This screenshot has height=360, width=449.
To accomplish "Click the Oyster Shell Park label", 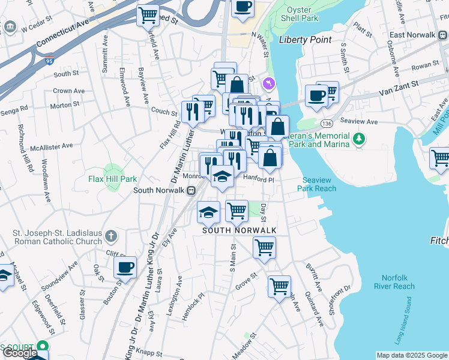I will (303, 14).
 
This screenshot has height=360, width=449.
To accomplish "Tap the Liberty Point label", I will (306, 40).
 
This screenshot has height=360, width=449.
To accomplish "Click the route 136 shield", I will (326, 123).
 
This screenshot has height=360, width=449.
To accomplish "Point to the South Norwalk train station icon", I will (191, 191).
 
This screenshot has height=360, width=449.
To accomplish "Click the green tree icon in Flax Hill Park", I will (109, 170).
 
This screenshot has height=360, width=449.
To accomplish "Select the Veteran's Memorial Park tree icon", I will (359, 140).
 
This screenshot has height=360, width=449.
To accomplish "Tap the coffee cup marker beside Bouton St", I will (125, 268).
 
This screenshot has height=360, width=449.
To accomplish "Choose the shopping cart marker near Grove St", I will (279, 287).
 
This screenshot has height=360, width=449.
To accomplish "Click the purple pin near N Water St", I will (269, 81).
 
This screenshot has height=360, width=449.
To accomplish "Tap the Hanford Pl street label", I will (258, 179).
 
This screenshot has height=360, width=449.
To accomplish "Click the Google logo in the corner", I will (21, 353).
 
